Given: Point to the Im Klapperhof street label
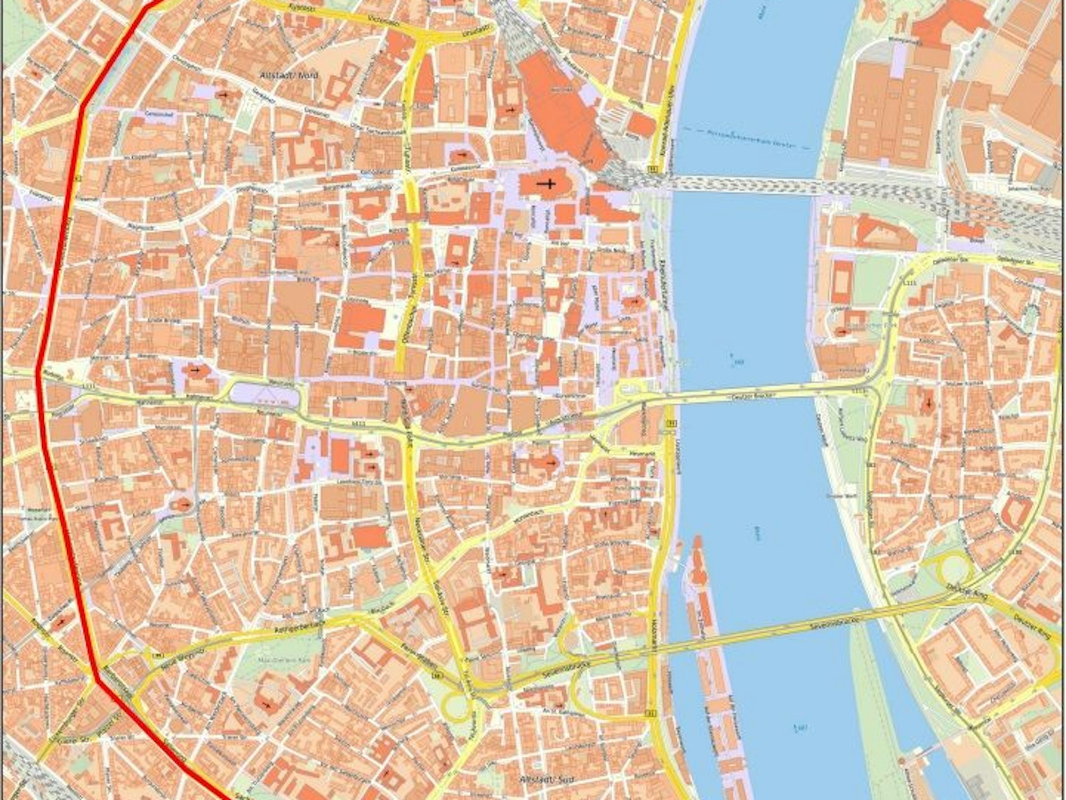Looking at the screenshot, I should pyautogui.click(x=132, y=158).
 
